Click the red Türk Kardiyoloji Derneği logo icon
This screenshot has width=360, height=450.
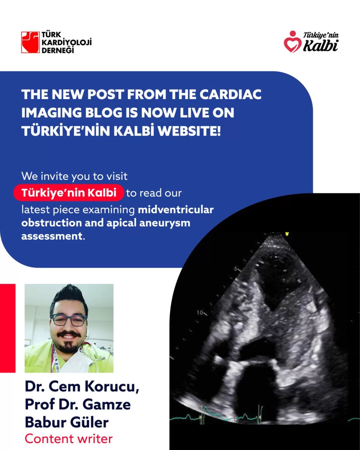click(30, 42)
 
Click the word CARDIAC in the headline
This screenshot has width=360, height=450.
click(230, 94)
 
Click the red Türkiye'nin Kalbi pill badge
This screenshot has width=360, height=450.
click(69, 193)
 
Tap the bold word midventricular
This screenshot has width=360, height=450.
click(176, 210)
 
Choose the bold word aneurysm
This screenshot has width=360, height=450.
click(165, 223)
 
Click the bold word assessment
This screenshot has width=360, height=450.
click(52, 236)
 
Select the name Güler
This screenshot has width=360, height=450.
click(88, 422)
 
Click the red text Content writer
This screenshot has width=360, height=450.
click(69, 439)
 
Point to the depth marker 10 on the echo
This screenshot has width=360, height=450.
click(200, 313)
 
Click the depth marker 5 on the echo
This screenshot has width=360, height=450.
click(235, 269)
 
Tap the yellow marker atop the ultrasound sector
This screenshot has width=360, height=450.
click(287, 234)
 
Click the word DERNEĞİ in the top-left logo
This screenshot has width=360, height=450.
click(58, 50)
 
